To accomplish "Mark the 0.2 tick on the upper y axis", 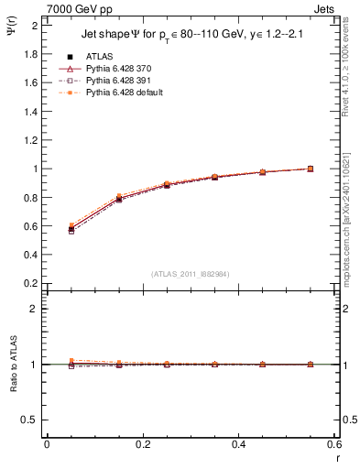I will click(x=30, y=283).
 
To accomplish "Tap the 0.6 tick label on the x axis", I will click(x=334, y=444).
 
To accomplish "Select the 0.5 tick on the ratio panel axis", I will click(x=30, y=420).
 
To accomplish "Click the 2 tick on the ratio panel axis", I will click(x=34, y=309).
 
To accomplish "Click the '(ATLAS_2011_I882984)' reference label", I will click(x=191, y=274).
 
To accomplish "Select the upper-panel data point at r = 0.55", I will click(x=310, y=169).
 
